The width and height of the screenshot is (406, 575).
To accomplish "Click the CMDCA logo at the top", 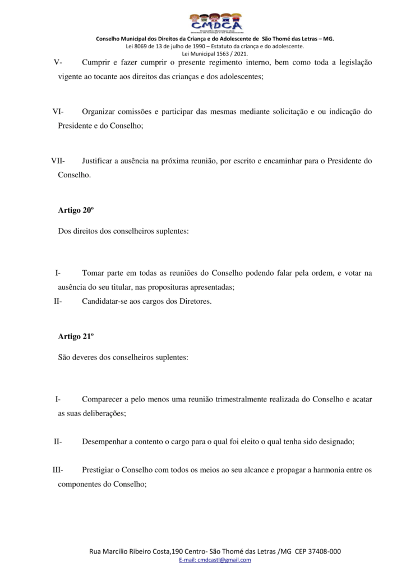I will [x=215, y=22].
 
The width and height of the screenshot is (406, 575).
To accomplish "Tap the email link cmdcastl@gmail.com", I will [x=215, y=560].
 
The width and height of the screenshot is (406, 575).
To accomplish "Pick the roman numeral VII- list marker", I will [x=58, y=161].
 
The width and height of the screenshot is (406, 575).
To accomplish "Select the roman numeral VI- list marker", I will [x=58, y=112].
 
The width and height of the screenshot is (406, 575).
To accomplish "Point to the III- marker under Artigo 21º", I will [x=58, y=469].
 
